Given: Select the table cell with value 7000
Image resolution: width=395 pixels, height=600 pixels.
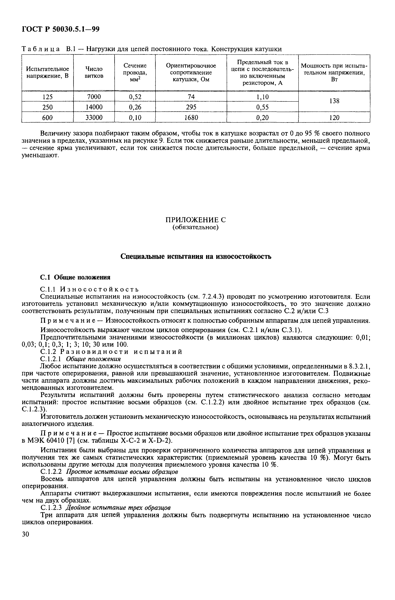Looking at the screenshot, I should pos(94,97).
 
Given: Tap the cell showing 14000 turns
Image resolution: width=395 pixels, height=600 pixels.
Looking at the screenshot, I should pos(94,107).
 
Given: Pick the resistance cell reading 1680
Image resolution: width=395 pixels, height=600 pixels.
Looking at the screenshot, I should pos(191,117).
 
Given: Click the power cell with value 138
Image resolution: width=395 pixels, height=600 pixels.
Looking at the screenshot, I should pos(334,101).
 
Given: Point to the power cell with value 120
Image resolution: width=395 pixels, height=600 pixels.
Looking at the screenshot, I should pos(334,117).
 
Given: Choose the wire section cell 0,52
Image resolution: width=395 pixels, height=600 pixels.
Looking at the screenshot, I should pos(135,97).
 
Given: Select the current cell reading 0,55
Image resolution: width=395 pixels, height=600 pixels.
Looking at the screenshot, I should pos(262,107).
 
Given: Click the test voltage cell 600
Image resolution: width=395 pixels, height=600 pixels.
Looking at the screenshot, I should pos(47,117).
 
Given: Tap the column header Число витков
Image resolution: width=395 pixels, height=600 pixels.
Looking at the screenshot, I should pos(94,72).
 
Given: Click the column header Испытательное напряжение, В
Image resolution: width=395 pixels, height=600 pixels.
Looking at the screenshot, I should pos(47,72).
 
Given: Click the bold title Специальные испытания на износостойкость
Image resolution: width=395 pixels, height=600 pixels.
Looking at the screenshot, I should pos(196,257).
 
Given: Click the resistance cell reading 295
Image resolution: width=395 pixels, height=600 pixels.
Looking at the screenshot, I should pos(191,107).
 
